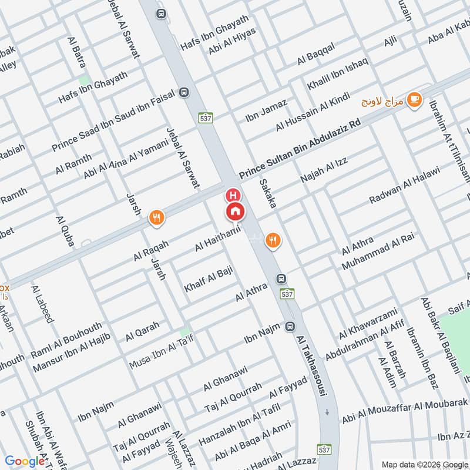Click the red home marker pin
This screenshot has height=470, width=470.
pyautogui.click(x=235, y=211)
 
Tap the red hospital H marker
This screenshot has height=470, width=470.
pyautogui.click(x=233, y=195)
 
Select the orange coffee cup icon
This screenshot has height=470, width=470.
pyautogui.click(x=414, y=99)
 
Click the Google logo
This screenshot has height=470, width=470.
pyautogui.click(x=25, y=461)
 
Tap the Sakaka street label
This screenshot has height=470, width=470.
pyautogui.click(x=267, y=193)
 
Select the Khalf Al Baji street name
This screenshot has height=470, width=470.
pyautogui.click(x=209, y=280)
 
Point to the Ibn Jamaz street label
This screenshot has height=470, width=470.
pyautogui.click(x=266, y=110)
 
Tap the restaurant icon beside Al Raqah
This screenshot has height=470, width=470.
pyautogui.click(x=156, y=218)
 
